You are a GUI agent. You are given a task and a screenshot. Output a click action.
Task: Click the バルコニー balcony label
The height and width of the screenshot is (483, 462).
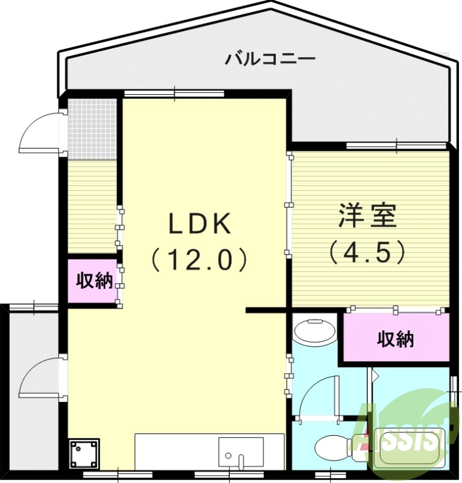click(x=270, y=59)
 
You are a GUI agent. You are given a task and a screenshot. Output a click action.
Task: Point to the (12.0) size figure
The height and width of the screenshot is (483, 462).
click(x=199, y=260)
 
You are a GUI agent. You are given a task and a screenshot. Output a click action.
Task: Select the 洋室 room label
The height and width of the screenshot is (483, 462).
click(x=367, y=216)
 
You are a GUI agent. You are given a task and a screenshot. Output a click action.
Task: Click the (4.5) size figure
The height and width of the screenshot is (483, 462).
click(x=367, y=252)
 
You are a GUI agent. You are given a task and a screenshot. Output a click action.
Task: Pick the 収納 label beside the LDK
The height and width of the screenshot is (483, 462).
click(x=94, y=281)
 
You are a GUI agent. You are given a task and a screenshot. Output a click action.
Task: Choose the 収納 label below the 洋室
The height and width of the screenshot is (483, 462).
click(x=396, y=339)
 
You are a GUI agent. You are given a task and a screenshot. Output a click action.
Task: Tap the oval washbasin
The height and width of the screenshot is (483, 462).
click(x=315, y=331)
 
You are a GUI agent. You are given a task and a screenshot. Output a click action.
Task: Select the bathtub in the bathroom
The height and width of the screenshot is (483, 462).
click(x=410, y=447)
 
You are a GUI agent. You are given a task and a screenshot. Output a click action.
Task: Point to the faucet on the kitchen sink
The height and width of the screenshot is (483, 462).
click(x=241, y=462)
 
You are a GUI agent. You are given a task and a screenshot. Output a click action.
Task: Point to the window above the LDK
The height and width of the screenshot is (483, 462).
click(x=174, y=93)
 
